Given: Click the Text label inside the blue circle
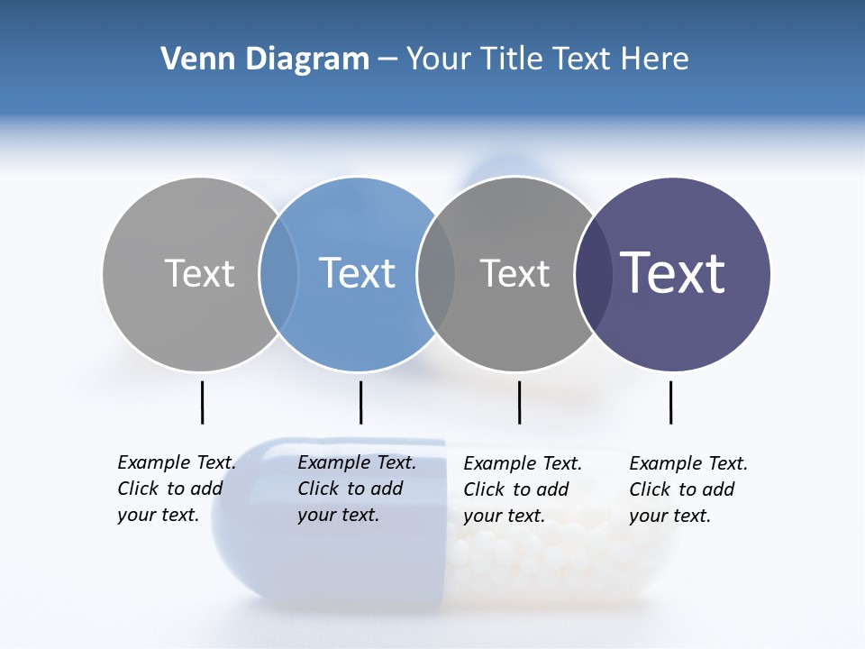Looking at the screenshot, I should (x=357, y=273).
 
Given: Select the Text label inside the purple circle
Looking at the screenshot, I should (x=672, y=273).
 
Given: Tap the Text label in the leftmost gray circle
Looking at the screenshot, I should (x=199, y=273).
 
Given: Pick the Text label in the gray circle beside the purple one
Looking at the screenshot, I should (x=514, y=273).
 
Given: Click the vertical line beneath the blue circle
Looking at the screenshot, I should (x=360, y=402).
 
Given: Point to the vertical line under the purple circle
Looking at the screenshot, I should (x=670, y=402).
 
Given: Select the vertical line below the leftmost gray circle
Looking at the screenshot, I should (x=202, y=402).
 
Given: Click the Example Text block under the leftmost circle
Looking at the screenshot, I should (x=176, y=489).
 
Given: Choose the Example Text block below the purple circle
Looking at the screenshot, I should (x=687, y=489).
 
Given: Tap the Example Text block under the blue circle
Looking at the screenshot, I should (x=356, y=489).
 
